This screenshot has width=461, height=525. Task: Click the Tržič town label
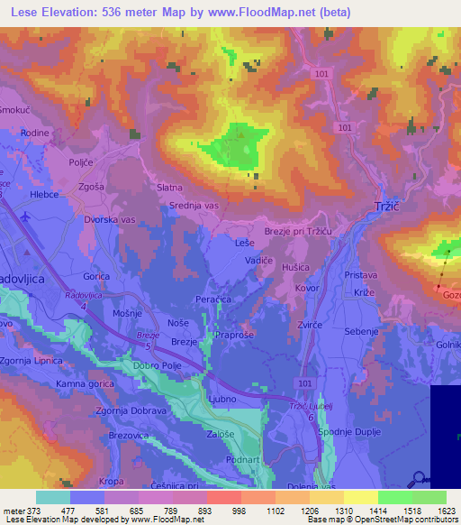point(384,207)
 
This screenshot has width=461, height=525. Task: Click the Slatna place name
point(169,187)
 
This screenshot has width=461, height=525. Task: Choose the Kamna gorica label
point(83,384)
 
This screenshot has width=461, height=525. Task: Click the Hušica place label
point(296,268)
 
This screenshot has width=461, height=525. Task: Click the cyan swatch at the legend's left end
point(53,497)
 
